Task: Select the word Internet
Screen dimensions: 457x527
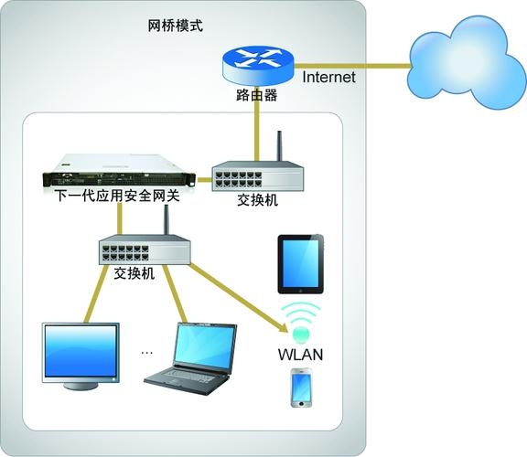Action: click(x=328, y=78)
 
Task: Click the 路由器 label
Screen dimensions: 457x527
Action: click(x=256, y=95)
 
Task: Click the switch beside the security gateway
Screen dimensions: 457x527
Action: click(x=257, y=175)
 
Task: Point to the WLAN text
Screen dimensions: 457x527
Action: click(x=300, y=354)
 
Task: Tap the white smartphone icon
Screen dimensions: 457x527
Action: click(x=302, y=388)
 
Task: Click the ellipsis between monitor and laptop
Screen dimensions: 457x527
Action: click(x=147, y=352)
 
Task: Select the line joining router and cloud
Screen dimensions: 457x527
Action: click(x=357, y=65)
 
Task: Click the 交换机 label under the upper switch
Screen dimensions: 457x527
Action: click(x=257, y=201)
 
